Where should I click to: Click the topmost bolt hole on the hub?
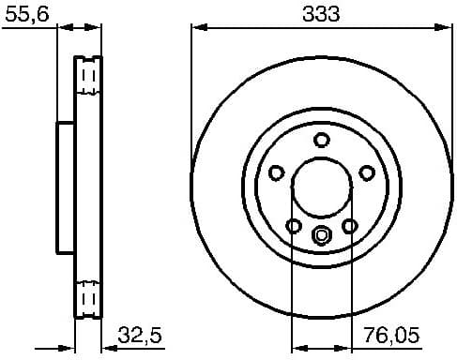tap(322, 141)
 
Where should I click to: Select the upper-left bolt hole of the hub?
tap(277, 172)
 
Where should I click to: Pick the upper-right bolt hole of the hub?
tap(367, 172)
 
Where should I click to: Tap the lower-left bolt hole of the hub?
tap(294, 226)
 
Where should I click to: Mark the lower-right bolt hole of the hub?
tap(350, 226)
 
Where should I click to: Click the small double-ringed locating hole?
tap(322, 235)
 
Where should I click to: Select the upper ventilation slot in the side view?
tap(88, 76)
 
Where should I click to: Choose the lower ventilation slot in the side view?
tap(88, 300)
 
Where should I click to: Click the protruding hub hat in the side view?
tap(65, 187)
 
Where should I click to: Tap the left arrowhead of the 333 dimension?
tap(197, 28)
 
